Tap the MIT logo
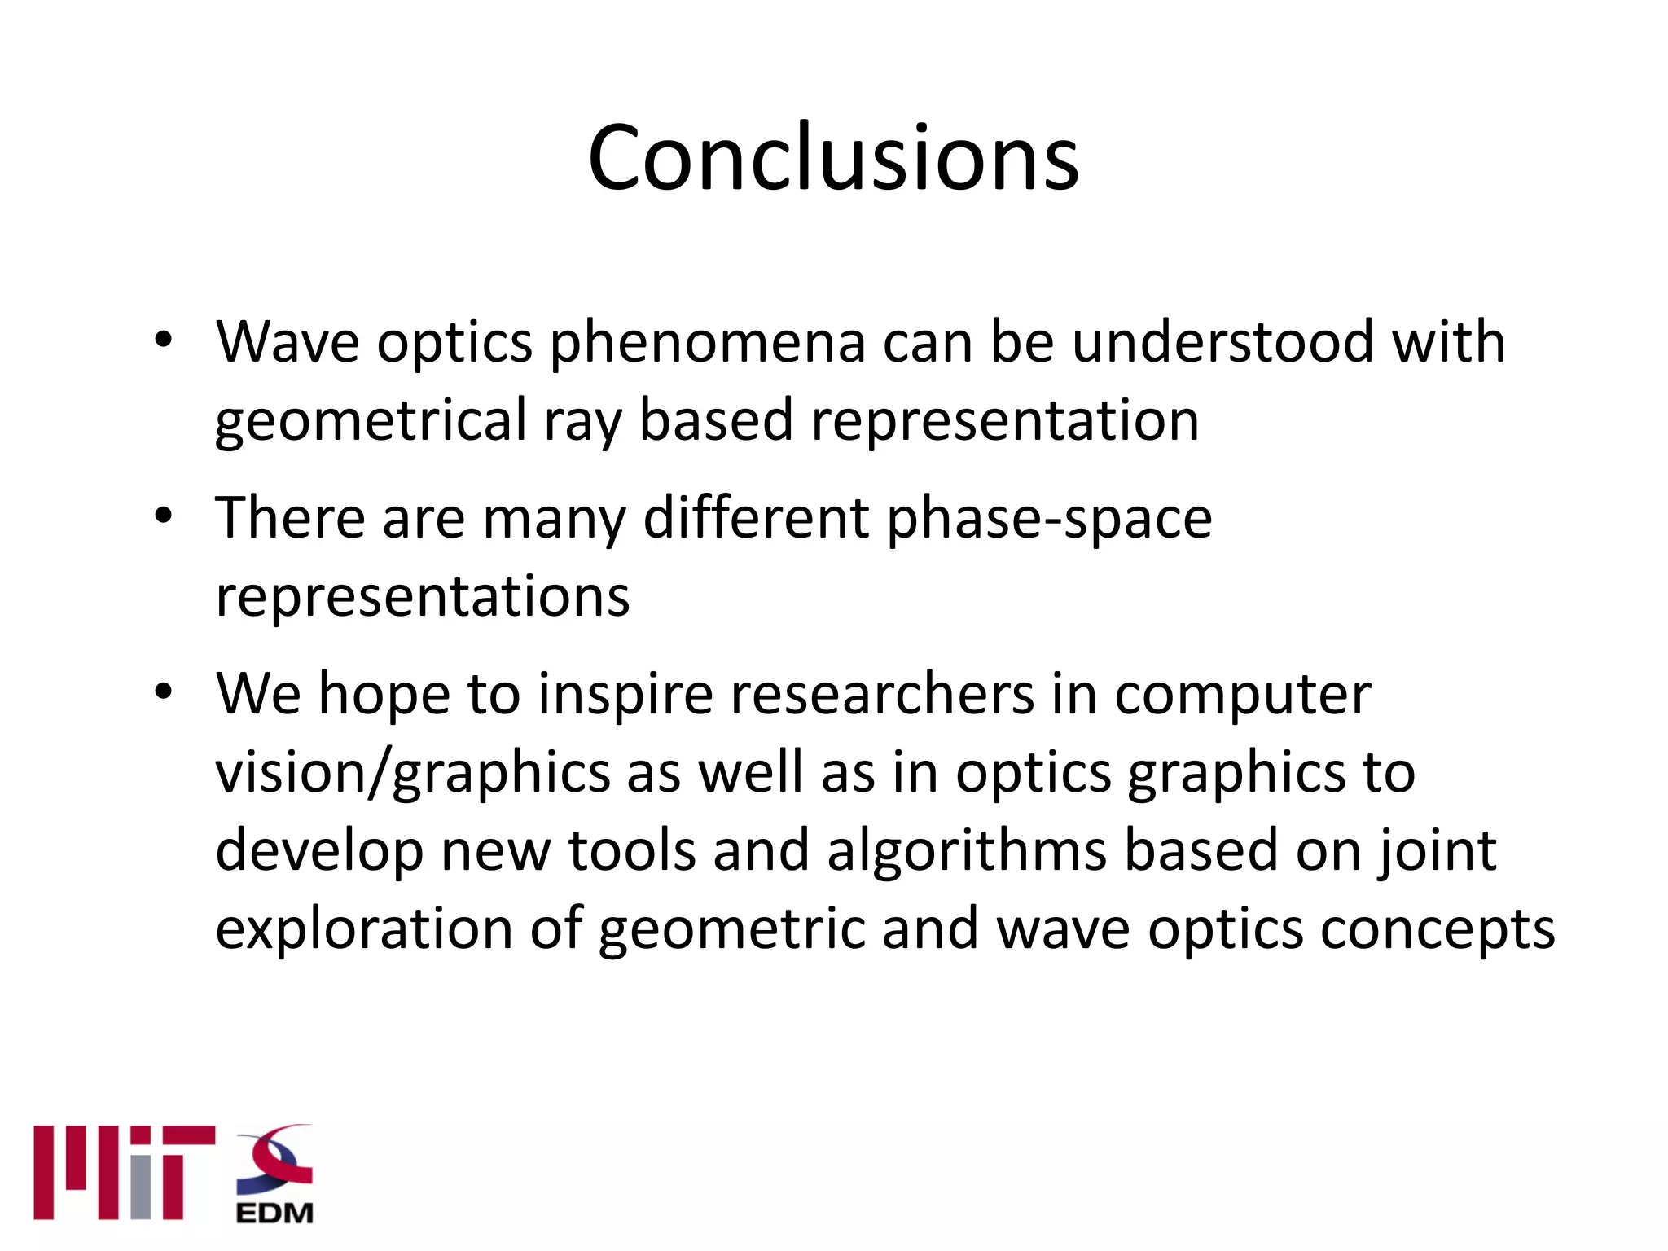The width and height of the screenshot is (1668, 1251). point(124,1172)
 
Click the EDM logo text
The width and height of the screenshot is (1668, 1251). point(274,1213)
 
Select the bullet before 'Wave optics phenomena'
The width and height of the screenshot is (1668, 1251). point(164,340)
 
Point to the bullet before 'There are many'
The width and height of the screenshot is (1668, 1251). point(164,516)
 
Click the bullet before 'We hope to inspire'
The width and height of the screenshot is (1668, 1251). point(164,692)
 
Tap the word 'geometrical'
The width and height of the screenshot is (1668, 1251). point(371,421)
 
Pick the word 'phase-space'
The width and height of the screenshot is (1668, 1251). point(1049,519)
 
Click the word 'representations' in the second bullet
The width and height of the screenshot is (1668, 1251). point(423,597)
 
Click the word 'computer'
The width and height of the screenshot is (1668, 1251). point(1242,696)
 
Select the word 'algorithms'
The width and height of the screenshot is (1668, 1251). point(967,850)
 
